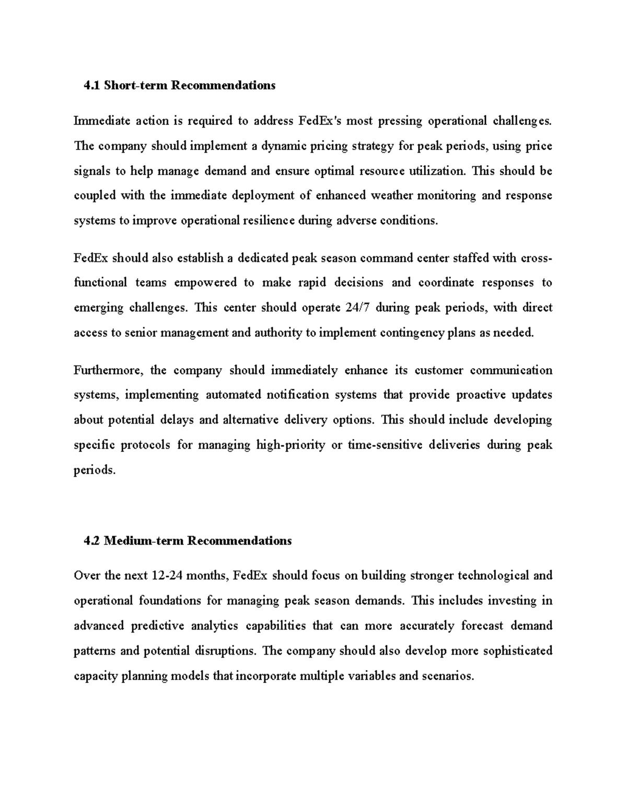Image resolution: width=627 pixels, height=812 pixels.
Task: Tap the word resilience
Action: (268, 221)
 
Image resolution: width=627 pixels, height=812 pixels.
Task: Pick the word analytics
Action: (214, 626)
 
